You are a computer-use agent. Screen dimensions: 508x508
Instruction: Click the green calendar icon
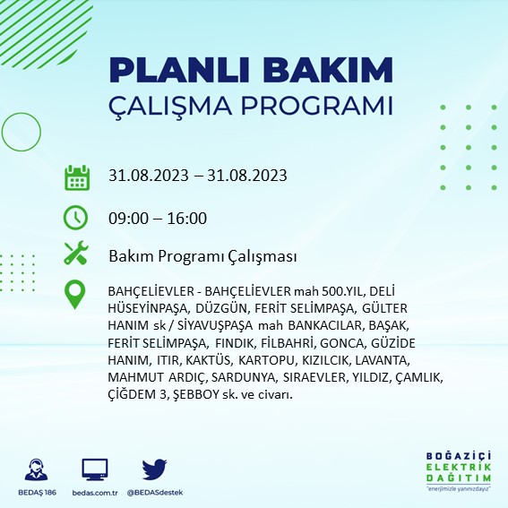tap(77, 178)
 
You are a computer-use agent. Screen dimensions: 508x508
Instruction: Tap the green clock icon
tap(75, 217)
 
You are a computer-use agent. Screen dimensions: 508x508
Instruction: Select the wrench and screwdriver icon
tap(76, 253)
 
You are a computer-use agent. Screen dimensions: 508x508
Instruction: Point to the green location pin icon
tap(75, 295)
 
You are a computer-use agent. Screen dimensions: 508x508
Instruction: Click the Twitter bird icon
tap(154, 469)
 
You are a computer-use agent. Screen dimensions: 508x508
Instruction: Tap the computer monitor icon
tap(95, 469)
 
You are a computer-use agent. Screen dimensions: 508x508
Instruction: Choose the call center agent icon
tap(36, 469)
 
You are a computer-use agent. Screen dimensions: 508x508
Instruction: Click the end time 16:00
tap(187, 219)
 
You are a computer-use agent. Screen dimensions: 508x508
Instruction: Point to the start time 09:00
tap(128, 219)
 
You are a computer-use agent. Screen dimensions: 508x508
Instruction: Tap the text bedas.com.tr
tap(95, 493)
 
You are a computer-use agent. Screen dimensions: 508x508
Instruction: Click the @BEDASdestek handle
tap(155, 493)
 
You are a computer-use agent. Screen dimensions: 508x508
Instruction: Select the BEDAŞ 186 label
tap(37, 493)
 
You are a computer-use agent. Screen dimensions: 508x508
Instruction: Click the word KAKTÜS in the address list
tap(209, 360)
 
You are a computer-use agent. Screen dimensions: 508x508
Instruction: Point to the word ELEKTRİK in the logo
tap(459, 467)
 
